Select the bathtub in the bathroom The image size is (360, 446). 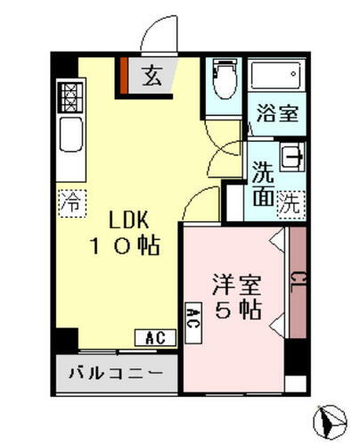(x=274, y=76)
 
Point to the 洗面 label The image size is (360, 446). (x=262, y=183)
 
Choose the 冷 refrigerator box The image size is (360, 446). (x=69, y=202)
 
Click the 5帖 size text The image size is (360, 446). (x=239, y=311)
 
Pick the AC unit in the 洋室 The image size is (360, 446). (x=192, y=318)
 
